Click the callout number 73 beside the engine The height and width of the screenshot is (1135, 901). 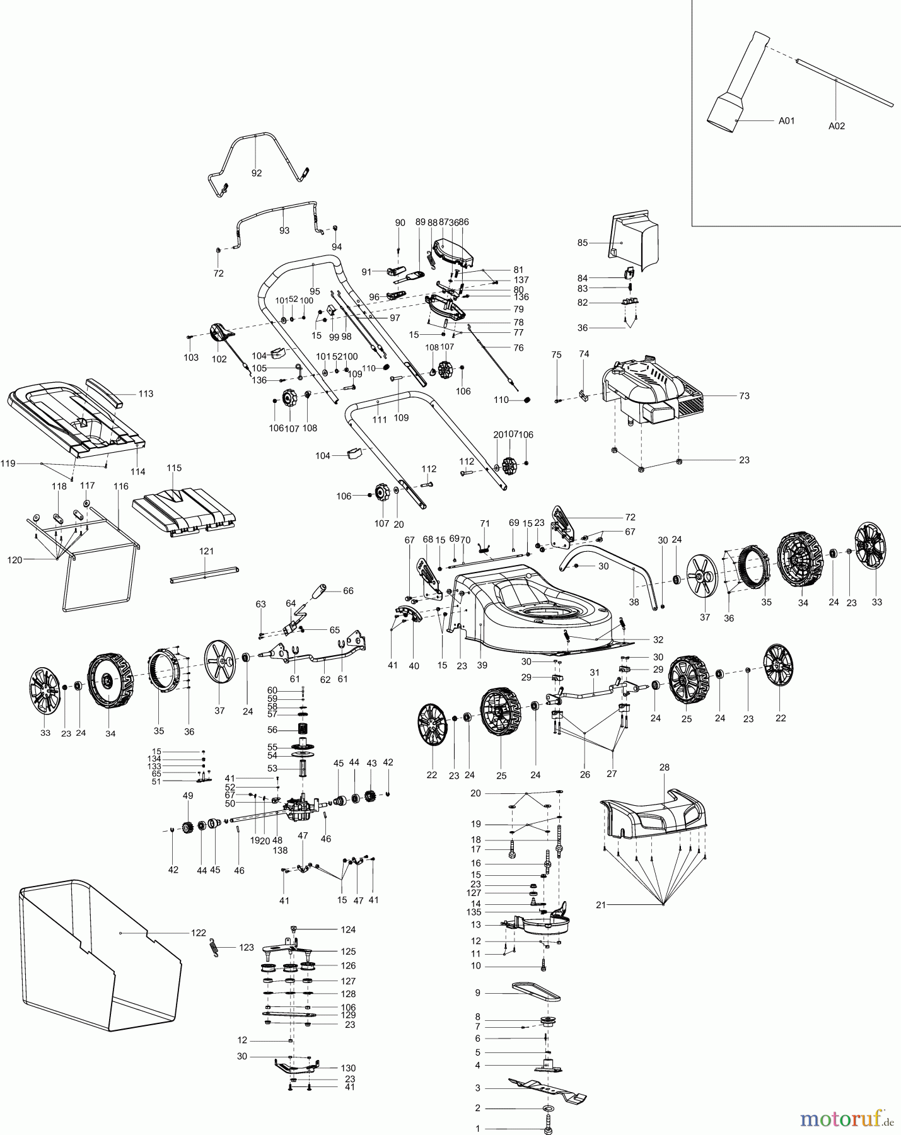[744, 396]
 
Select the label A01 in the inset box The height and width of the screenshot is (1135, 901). [786, 120]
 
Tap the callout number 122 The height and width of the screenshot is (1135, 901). [199, 933]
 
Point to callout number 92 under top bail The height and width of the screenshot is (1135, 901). [257, 173]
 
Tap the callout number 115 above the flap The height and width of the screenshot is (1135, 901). [174, 468]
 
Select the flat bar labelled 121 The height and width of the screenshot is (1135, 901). [205, 574]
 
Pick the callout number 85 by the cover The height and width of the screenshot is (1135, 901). [582, 243]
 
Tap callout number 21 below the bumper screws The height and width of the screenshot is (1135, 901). [601, 905]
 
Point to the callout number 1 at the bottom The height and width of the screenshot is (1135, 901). [478, 1129]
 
